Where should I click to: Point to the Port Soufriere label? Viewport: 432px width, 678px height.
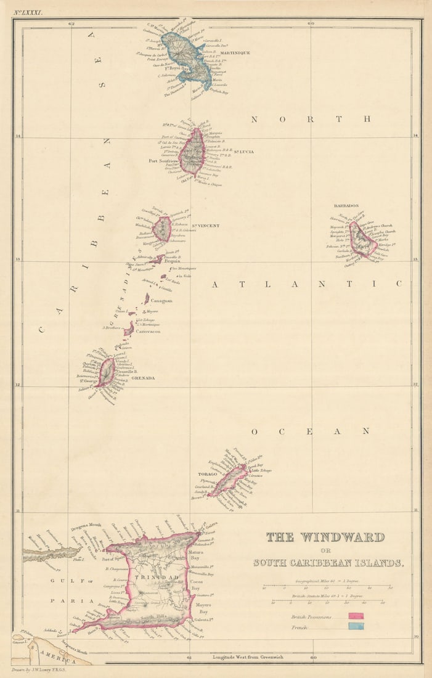[163, 161]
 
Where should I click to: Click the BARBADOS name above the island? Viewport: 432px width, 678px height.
[346, 206]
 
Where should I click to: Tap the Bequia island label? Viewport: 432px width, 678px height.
[173, 261]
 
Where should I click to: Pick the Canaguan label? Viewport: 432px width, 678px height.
[161, 301]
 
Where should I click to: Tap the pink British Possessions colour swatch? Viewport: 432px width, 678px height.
[356, 616]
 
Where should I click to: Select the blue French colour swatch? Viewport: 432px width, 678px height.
[356, 626]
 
